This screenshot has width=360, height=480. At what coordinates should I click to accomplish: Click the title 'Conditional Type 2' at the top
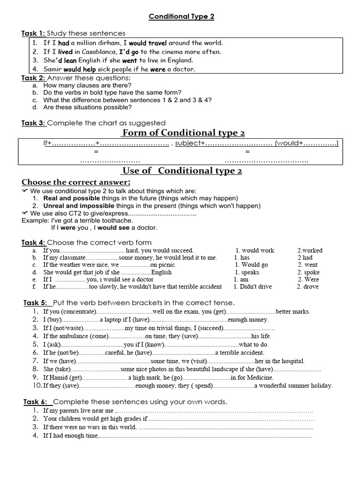[x=181, y=17]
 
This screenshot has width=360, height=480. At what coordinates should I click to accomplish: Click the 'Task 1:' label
[x=33, y=33]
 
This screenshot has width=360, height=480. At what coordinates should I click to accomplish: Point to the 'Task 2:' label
[x=33, y=78]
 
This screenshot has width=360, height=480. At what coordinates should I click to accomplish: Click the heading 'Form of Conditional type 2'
[x=183, y=133]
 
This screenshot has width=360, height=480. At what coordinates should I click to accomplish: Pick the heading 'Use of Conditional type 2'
[x=182, y=170]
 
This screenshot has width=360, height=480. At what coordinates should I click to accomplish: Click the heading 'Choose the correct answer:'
[x=76, y=182]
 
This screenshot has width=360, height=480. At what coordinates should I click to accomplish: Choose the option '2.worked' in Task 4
[x=310, y=250]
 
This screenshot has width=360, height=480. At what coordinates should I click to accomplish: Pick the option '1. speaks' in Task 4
[x=247, y=272]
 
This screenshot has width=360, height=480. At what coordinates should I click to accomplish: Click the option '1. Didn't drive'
[x=253, y=286]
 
